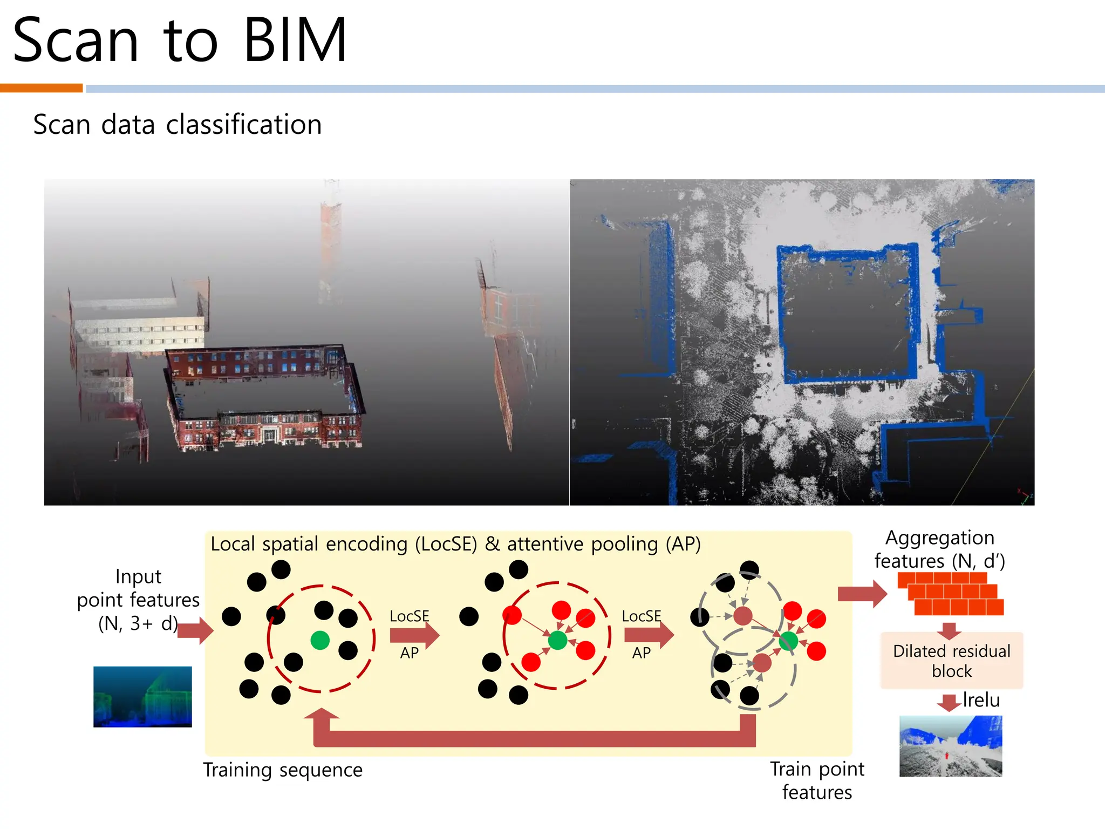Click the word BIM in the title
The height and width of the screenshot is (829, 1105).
(x=295, y=40)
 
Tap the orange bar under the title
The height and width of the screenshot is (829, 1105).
(x=41, y=88)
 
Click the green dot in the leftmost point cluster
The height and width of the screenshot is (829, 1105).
(x=320, y=640)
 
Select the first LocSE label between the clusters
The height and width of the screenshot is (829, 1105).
(x=409, y=616)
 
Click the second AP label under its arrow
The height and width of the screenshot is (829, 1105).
(x=641, y=653)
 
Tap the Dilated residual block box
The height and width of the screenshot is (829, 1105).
(x=951, y=661)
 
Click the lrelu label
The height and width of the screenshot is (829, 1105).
(x=981, y=700)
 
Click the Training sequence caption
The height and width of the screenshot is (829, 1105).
(x=283, y=770)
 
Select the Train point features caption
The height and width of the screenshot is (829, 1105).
(x=817, y=780)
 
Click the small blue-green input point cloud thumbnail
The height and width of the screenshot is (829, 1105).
(x=142, y=697)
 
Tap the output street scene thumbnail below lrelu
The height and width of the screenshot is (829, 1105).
(x=951, y=746)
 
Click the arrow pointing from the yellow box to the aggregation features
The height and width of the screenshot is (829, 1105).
(x=862, y=594)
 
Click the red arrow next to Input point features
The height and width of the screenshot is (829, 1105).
(x=195, y=630)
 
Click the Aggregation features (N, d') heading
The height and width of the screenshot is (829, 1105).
(x=939, y=549)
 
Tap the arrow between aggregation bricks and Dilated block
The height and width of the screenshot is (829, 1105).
(x=949, y=630)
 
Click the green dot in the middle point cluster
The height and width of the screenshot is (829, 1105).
(x=557, y=640)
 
